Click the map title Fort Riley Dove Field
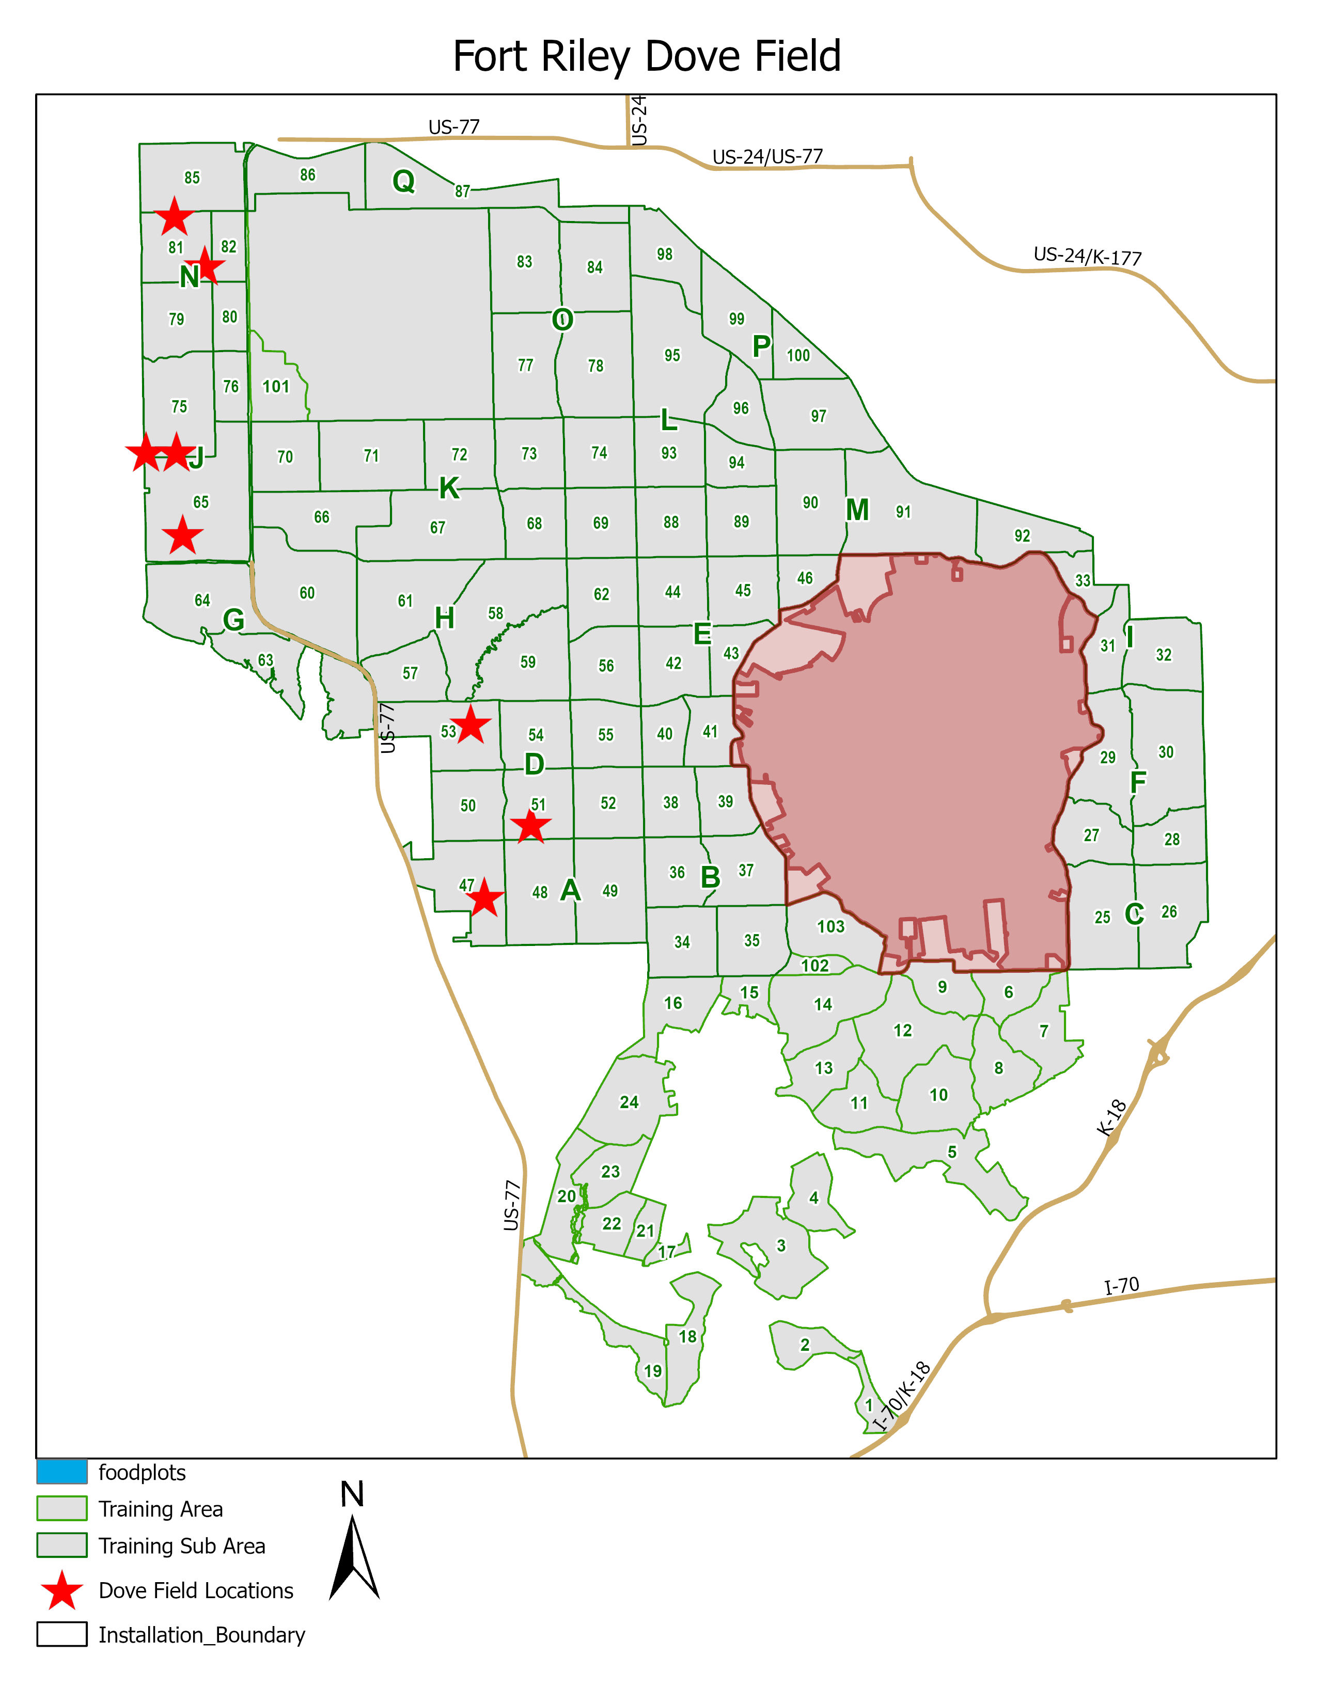click(647, 56)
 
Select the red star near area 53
click(471, 725)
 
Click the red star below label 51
click(530, 826)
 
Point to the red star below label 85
click(174, 216)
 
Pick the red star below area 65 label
click(182, 535)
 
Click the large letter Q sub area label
click(403, 181)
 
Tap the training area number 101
click(275, 386)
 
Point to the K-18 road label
click(1111, 1117)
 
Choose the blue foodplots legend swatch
click(61, 1472)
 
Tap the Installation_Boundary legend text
click(201, 1635)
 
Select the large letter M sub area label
click(857, 510)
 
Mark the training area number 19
click(652, 1371)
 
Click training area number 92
click(1022, 535)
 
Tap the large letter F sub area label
click(1138, 782)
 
